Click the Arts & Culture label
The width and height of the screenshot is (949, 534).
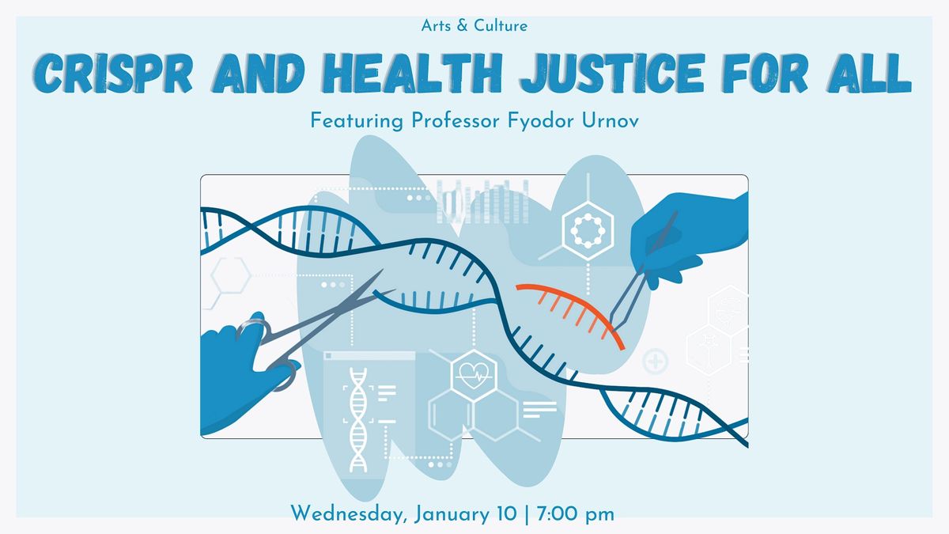pos(475,25)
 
